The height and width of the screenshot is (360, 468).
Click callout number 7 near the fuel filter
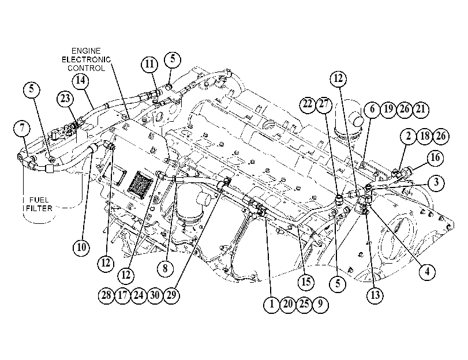pos(22,128)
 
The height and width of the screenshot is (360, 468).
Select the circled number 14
pos(81,80)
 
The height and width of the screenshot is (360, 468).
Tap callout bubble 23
pos(65,99)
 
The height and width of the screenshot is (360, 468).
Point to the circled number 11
pos(149,64)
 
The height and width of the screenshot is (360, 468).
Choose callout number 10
pos(81,247)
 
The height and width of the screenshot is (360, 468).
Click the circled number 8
pos(166,268)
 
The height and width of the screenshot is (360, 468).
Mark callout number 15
pos(306,282)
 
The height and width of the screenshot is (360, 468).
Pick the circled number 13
pos(375,295)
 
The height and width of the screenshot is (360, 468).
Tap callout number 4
pos(428,272)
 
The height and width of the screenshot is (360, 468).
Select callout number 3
pos(436,182)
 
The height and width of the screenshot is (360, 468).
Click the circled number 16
pos(436,157)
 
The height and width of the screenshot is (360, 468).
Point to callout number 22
pos(308,104)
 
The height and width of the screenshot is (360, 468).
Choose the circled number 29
pos(171,295)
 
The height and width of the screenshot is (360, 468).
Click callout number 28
pos(106,295)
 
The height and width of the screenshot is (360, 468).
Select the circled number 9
pos(320,304)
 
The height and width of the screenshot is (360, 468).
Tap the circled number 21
pos(421,109)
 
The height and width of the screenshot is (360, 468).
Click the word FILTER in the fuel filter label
pos(39,208)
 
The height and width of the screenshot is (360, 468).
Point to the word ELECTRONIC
pos(86,59)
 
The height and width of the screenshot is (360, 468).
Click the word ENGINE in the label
pos(86,51)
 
